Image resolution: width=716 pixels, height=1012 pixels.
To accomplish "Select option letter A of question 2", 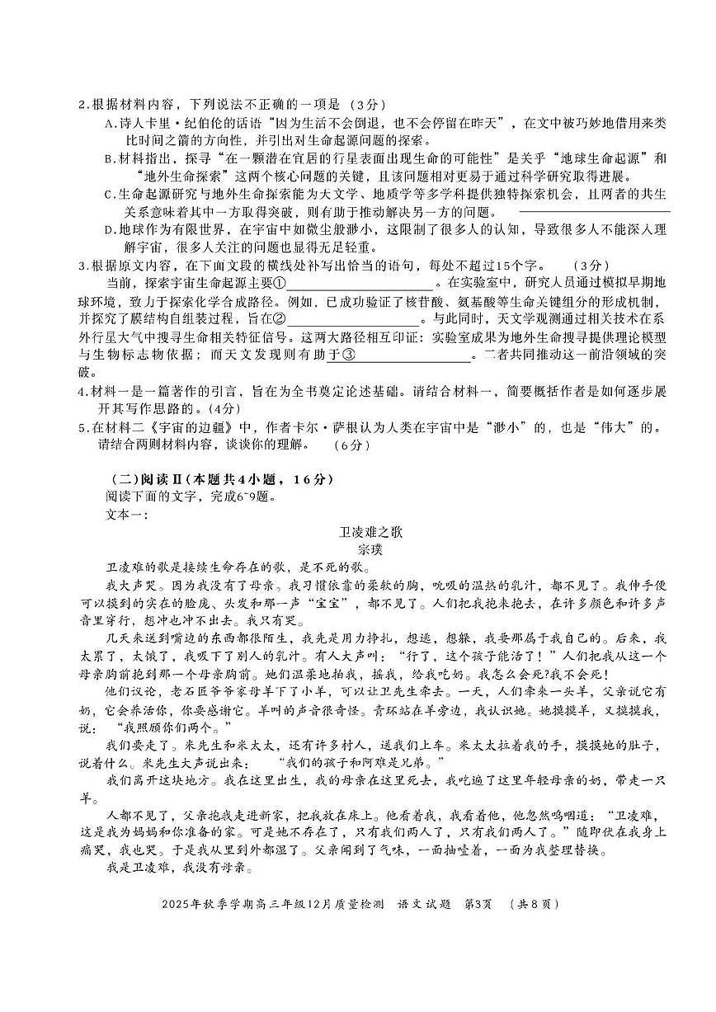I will pyautogui.click(x=109, y=123).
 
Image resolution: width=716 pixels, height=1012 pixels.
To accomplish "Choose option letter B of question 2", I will pyautogui.click(x=109, y=158).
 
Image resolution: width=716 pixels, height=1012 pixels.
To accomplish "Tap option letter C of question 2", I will pyautogui.click(x=109, y=194).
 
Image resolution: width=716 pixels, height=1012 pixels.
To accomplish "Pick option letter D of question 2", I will pyautogui.click(x=109, y=229).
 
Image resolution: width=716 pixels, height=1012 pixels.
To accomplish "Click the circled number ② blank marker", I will pyautogui.click(x=279, y=318).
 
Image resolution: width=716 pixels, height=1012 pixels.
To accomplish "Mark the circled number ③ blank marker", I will pyautogui.click(x=349, y=355).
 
